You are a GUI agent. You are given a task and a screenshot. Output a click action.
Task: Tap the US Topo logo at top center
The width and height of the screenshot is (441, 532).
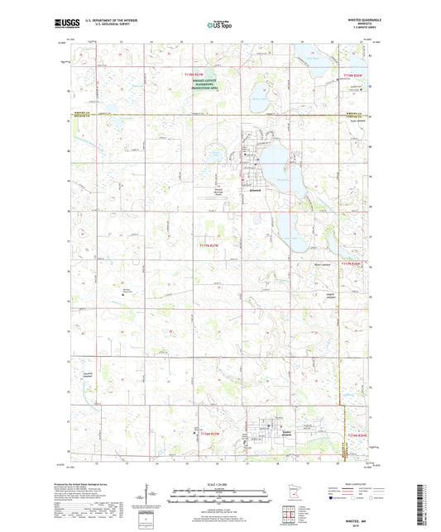[219, 26]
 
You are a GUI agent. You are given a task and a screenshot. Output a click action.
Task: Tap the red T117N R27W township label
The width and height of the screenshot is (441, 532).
[210, 245]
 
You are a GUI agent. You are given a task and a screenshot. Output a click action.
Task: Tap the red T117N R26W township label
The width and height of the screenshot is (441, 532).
[353, 262]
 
